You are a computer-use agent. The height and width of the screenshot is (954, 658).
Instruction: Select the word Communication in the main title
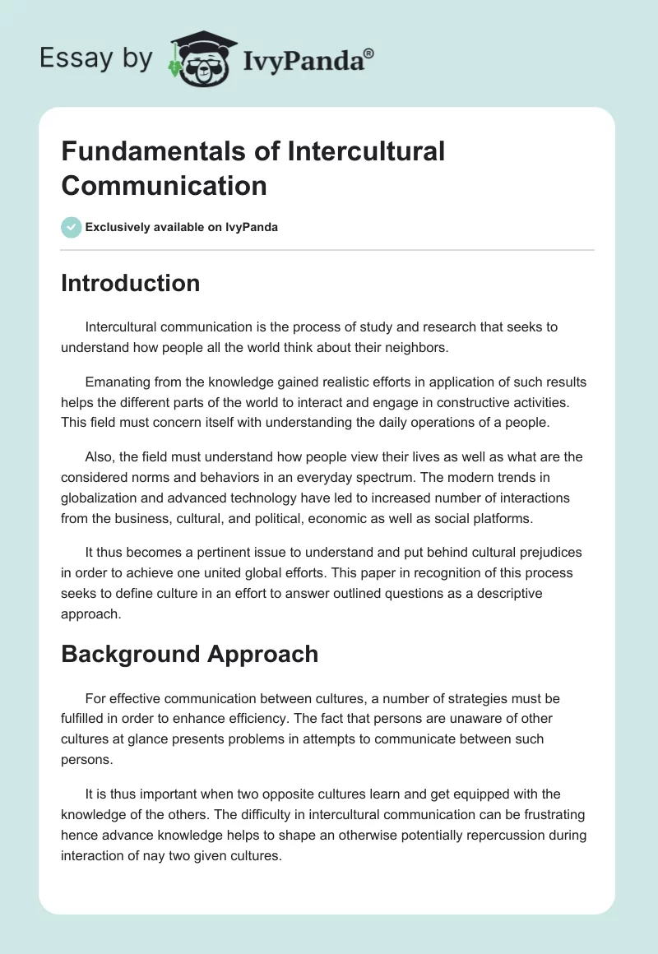(x=164, y=185)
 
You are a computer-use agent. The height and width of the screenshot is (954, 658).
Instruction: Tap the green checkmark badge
(x=72, y=227)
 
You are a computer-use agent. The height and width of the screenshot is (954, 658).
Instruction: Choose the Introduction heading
(x=130, y=283)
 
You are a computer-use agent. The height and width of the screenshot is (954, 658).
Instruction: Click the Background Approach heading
(x=189, y=654)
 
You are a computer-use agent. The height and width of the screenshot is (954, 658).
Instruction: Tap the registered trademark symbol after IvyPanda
(x=369, y=52)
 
